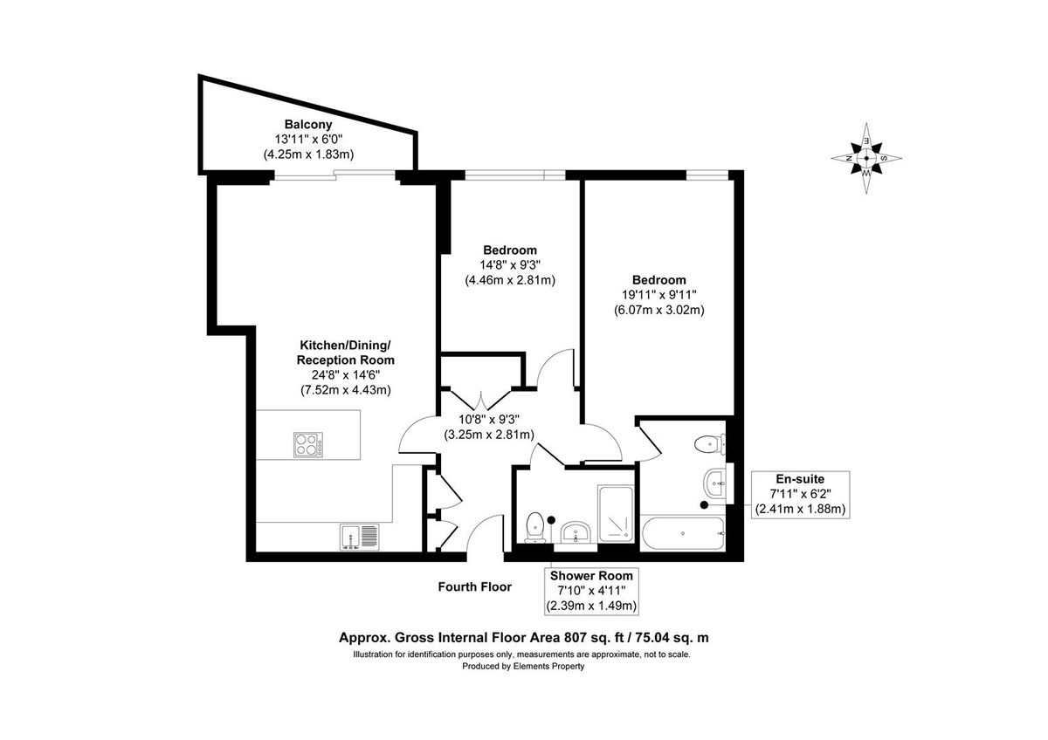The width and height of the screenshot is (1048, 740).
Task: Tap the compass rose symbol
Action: [865, 159]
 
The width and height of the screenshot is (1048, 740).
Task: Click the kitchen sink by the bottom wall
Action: [359, 536]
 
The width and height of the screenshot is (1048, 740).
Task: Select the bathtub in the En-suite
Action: [682, 532]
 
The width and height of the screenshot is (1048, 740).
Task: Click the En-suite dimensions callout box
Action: [801, 493]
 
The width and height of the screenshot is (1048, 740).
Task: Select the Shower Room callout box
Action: [590, 591]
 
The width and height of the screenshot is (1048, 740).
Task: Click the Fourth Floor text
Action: [474, 587]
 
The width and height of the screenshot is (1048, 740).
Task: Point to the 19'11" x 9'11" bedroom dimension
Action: [659, 295]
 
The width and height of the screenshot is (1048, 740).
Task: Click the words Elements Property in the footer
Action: [548, 666]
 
